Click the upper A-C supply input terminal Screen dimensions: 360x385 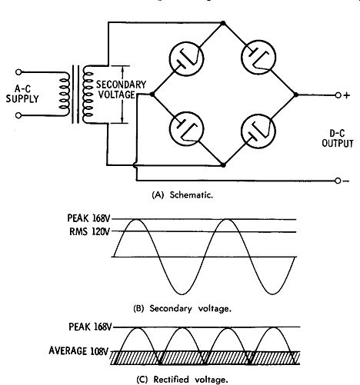click(18, 72)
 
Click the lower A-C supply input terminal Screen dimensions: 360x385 click(18, 116)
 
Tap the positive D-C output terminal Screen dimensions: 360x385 click(338, 95)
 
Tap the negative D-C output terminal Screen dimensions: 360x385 click(338, 181)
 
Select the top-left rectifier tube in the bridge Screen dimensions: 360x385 click(186, 58)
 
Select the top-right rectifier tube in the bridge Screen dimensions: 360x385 click(259, 58)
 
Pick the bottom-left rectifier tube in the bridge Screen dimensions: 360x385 click(187, 129)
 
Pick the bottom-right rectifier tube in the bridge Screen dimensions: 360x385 click(258, 131)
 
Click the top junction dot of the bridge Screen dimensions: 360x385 click(223, 23)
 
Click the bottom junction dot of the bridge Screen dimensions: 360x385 click(223, 165)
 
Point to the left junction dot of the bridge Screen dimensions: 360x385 click(152, 95)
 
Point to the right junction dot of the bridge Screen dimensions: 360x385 click(296, 95)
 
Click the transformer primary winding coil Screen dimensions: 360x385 click(64, 94)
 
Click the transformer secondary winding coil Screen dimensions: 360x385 click(88, 94)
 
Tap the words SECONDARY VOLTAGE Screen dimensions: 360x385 click(121, 90)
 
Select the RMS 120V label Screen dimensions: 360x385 click(90, 231)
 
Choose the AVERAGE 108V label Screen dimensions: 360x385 click(78, 350)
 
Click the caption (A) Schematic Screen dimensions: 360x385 click(182, 195)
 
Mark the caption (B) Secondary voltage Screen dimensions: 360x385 click(182, 308)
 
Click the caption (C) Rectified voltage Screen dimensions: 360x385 click(182, 379)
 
